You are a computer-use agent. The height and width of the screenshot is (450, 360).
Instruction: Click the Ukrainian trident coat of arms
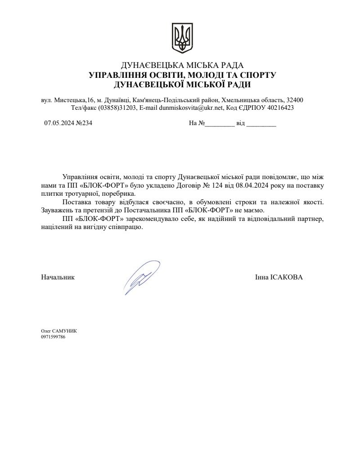coord(182,38)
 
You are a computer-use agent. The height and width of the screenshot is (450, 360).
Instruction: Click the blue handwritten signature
coord(142,276)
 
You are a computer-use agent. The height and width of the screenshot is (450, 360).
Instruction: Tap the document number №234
coord(85,123)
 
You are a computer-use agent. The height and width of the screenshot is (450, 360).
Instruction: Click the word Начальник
coord(58,277)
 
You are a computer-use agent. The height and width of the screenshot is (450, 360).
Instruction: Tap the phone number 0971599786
coord(53,337)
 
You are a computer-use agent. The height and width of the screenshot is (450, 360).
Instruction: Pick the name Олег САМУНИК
coord(59,331)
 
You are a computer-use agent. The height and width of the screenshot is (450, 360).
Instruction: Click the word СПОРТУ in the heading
coord(256,75)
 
